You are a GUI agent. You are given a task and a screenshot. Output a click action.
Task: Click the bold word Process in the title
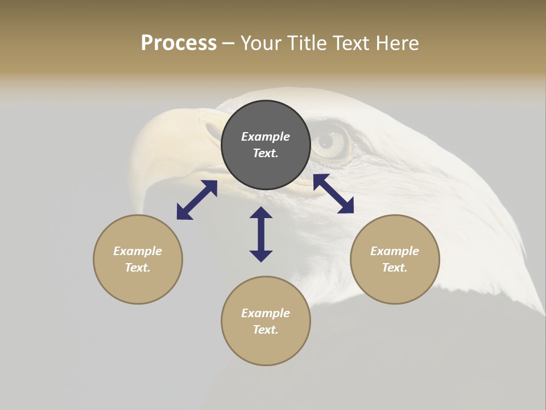(x=179, y=43)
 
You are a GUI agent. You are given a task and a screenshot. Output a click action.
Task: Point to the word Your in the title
(x=261, y=43)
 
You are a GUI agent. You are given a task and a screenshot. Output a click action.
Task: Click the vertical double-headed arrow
(x=261, y=234)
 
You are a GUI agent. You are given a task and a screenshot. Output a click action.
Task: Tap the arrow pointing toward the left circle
(x=197, y=200)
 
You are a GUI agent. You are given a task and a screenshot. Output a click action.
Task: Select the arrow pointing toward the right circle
(x=333, y=194)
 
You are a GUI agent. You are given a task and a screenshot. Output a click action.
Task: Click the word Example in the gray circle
(x=266, y=137)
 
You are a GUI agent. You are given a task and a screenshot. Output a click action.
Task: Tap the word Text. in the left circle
(x=138, y=268)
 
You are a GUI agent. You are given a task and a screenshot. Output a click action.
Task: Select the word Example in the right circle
(x=395, y=251)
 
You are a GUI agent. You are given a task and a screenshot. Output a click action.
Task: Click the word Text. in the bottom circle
(x=266, y=330)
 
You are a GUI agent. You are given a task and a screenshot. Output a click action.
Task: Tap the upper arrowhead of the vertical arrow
(x=261, y=213)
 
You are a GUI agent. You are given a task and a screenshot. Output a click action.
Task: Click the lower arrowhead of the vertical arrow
(x=261, y=255)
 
